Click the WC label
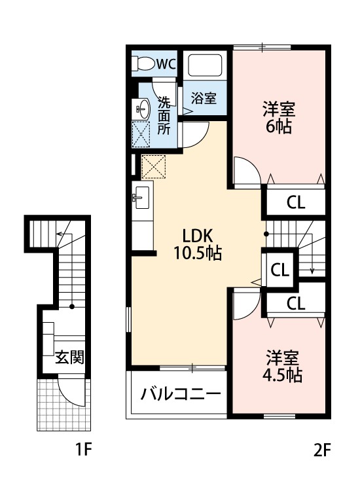[166, 64]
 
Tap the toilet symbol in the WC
[143, 64]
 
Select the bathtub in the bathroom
[206, 66]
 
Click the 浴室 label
[204, 98]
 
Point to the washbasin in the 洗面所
[142, 107]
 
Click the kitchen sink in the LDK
[142, 196]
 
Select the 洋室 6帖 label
[278, 117]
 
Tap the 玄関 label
[68, 358]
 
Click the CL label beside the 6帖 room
[296, 202]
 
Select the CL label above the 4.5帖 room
[296, 303]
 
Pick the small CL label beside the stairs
[279, 269]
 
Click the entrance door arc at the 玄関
[69, 391]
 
